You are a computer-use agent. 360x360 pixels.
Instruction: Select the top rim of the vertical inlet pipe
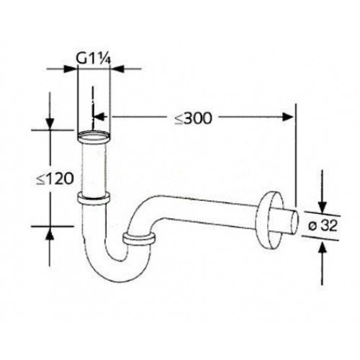94,134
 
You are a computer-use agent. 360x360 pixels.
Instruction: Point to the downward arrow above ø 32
322,202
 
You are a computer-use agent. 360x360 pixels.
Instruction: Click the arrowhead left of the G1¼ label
72,69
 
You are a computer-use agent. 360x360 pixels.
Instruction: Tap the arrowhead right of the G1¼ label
118,69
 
